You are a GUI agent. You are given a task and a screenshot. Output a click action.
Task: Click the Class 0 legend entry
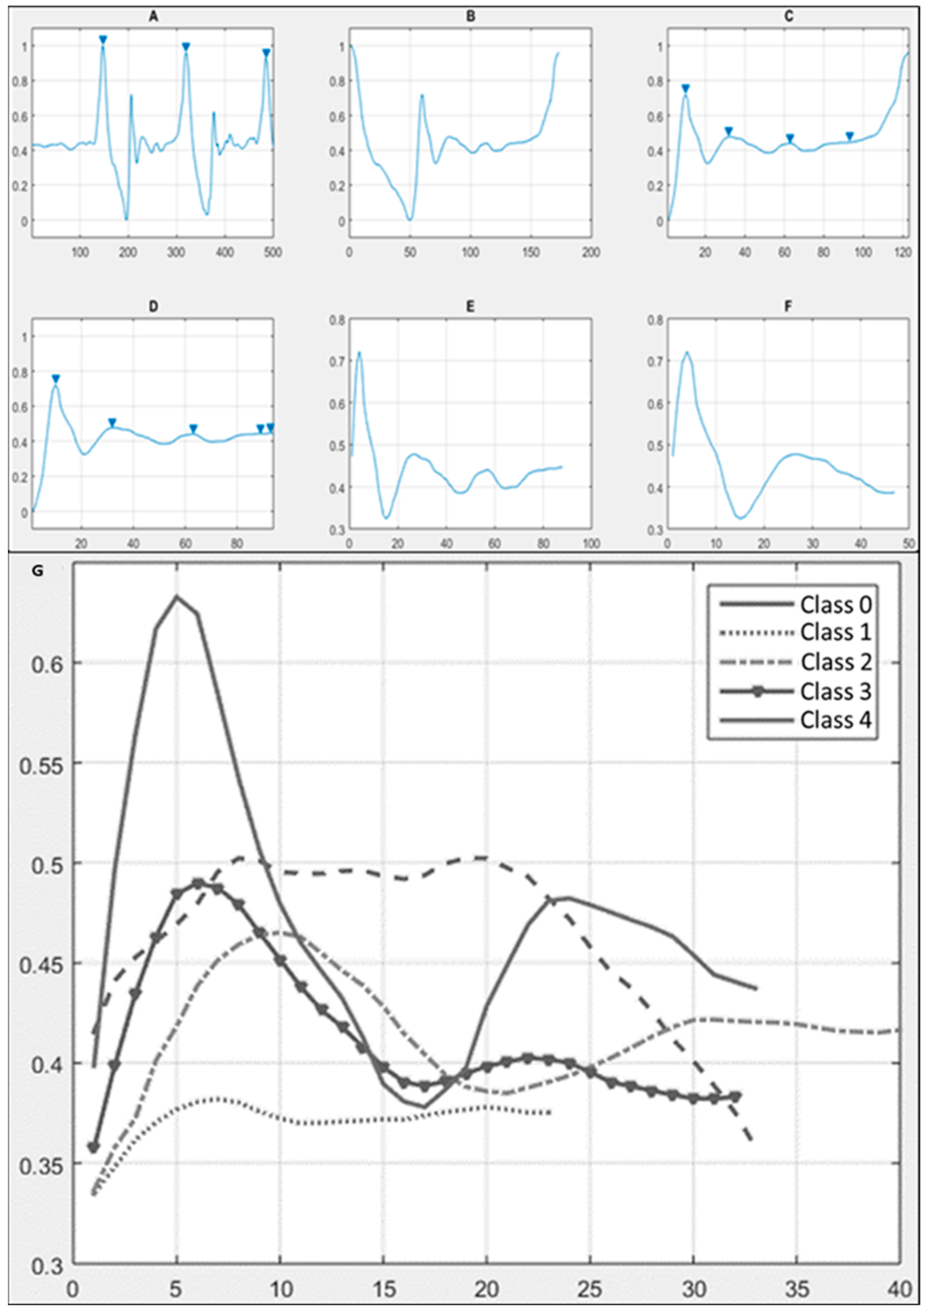coord(835,604)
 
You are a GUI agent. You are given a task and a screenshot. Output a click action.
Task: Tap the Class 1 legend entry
coord(835,632)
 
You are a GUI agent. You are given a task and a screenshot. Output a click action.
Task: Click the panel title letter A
coord(153,17)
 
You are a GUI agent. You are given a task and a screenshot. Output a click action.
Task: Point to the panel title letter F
coord(788,307)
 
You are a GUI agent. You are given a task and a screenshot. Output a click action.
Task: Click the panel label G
coord(39,571)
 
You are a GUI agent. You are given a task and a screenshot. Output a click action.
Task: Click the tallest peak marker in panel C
coord(685,88)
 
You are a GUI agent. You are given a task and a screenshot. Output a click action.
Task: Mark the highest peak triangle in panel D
coord(55,378)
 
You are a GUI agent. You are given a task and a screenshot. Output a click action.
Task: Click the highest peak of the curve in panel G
coord(177,596)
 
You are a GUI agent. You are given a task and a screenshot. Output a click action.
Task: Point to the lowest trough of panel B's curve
coord(410,219)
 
